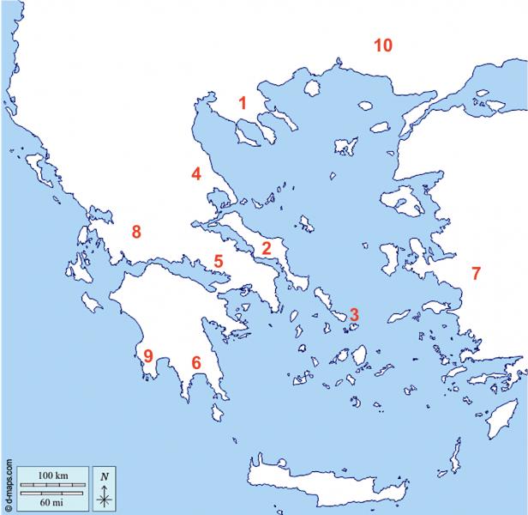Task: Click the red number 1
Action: pyautogui.click(x=243, y=103)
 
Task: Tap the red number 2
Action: pyautogui.click(x=267, y=249)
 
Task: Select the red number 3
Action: pyautogui.click(x=354, y=315)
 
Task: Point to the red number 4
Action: pyautogui.click(x=196, y=174)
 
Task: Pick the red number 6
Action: pyautogui.click(x=196, y=363)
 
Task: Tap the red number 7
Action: pyautogui.click(x=476, y=274)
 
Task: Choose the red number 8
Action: pyautogui.click(x=135, y=231)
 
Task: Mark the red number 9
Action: pyautogui.click(x=148, y=356)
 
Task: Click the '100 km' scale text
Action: pyautogui.click(x=52, y=475)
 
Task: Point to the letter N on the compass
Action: pyautogui.click(x=104, y=476)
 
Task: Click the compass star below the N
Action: pyautogui.click(x=104, y=495)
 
